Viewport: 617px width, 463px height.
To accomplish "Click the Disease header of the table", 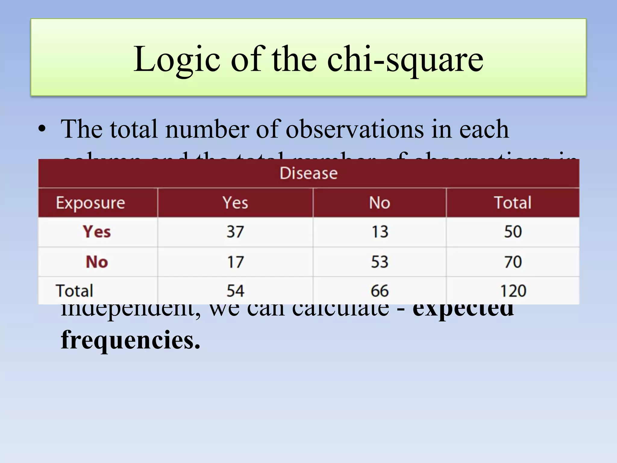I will pos(308,173).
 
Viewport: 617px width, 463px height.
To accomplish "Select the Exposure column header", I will pos(90,203).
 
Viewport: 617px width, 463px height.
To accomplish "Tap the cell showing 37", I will pos(235,232).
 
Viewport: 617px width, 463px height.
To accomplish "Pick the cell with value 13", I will pos(380,232).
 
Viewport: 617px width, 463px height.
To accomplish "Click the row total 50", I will pos(513,232).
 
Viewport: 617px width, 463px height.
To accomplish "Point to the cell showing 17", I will pos(235,262).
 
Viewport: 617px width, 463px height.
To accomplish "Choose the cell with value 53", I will pos(380,262).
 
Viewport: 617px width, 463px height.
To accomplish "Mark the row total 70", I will pos(513,262).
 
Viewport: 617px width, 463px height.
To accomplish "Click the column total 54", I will pos(235,291).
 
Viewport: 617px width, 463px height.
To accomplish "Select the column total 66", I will pos(380,291).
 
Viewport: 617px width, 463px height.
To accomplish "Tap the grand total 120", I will pos(513,291).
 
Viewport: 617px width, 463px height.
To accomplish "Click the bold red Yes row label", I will pos(97,232).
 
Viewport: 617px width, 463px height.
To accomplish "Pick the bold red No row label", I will pos(97,262).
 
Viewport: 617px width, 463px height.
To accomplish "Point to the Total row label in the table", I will pos(74,291).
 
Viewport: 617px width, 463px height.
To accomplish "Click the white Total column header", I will pos(513,203).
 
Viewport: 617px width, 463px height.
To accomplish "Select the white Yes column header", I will pos(235,203).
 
